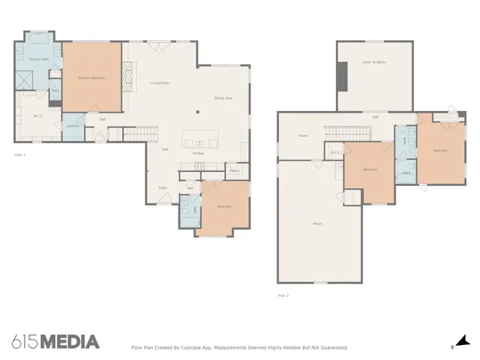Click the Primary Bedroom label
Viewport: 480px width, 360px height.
tap(91, 77)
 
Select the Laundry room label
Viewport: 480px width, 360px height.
tap(73, 125)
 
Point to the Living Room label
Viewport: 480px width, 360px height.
tap(159, 82)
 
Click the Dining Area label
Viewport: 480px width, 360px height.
tap(223, 97)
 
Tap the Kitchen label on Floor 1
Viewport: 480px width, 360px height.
tap(198, 153)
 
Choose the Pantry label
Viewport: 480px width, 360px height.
tap(234, 170)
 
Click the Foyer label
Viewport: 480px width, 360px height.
tap(161, 187)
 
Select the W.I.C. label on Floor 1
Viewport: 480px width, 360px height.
tap(38, 116)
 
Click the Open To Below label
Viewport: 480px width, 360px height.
tap(373, 62)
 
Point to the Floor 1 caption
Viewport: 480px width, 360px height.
tap(20, 154)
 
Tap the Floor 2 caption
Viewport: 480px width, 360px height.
tap(283, 295)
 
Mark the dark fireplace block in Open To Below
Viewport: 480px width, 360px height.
tap(342, 75)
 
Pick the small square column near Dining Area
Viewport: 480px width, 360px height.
tap(197, 112)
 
